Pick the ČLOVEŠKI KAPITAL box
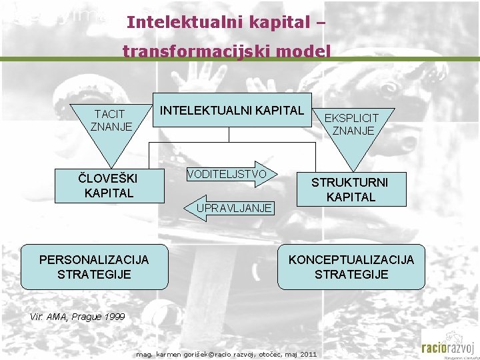click(x=108, y=185)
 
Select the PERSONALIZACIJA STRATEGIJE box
click(x=94, y=267)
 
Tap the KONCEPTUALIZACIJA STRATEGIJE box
click(x=351, y=267)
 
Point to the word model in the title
click(x=307, y=51)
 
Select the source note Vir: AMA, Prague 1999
click(x=77, y=317)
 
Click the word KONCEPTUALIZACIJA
click(x=351, y=259)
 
